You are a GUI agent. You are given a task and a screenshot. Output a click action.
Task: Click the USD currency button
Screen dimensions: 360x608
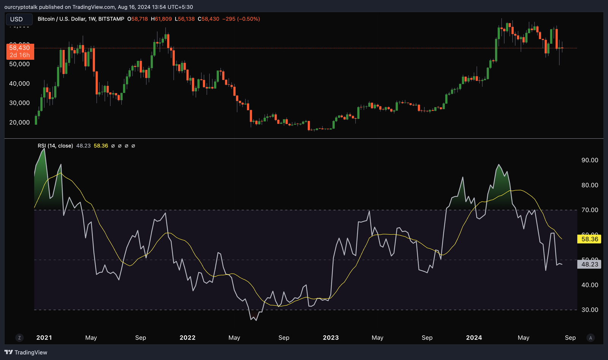coord(16,19)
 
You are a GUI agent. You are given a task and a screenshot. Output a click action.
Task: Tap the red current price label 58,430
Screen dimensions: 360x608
coord(20,51)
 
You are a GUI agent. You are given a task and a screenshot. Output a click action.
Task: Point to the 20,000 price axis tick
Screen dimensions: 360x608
coord(19,122)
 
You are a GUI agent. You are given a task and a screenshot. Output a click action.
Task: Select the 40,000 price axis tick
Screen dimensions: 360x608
coord(19,84)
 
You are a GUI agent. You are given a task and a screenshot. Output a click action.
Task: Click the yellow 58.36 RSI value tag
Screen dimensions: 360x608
coord(589,239)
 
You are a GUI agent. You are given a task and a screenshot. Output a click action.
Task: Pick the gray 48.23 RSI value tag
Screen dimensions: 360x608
coord(589,264)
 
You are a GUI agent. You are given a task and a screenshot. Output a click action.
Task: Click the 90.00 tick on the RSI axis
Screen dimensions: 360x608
coord(590,160)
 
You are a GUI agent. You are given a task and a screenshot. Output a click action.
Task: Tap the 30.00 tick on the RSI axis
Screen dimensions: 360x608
coord(590,310)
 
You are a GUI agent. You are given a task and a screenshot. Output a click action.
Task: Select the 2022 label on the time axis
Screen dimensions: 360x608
coord(187,338)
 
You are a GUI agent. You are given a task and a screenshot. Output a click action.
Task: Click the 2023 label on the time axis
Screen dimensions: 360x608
coord(331,338)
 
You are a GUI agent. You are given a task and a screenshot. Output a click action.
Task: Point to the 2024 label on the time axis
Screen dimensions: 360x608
coord(474,338)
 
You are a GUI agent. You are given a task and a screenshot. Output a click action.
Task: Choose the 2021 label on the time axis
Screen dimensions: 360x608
coord(44,338)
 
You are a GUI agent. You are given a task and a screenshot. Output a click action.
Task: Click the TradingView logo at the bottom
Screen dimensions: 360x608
coord(26,352)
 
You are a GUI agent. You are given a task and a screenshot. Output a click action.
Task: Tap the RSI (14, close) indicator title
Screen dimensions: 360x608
coord(55,146)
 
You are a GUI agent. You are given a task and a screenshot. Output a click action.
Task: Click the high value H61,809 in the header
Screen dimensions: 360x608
coord(161,19)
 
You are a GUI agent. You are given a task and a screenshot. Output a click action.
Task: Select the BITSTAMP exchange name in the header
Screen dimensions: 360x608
coord(111,19)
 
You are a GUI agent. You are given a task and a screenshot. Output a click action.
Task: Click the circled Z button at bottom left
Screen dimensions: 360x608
coord(19,338)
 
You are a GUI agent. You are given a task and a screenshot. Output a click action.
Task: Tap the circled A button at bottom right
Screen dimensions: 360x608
coord(591,338)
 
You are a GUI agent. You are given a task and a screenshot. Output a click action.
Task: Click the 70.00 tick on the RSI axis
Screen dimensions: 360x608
coord(590,210)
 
